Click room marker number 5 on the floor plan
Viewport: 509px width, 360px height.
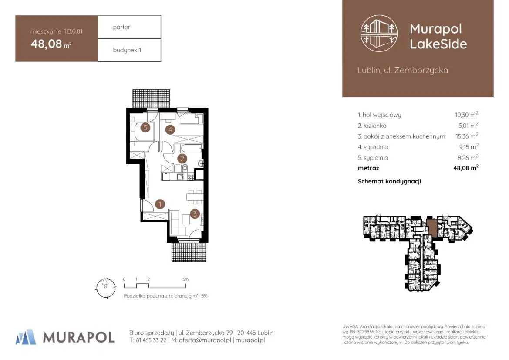pos(145,127)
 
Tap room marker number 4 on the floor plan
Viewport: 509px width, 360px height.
pos(170,129)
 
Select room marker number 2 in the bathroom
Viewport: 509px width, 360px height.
pos(182,159)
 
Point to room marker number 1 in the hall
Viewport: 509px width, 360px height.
pos(160,204)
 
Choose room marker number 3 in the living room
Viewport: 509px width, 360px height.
pos(195,214)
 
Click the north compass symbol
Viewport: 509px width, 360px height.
pos(106,288)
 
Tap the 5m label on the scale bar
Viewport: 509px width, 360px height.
pos(185,279)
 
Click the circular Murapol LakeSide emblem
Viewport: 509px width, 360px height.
pos(379,33)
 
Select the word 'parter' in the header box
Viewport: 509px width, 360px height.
pos(121,27)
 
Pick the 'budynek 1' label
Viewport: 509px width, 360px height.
pos(127,50)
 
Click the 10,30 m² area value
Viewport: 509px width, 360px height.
pos(466,114)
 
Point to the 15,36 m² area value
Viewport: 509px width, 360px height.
pos(467,136)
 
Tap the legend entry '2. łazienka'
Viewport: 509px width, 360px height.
pos(372,126)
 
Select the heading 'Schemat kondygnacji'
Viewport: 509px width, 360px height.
pos(389,181)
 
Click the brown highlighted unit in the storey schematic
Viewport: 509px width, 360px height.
pos(432,227)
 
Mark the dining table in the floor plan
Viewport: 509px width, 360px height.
pos(195,197)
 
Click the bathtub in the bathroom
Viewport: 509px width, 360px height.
pos(188,149)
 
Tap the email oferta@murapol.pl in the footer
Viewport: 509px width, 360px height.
pos(205,340)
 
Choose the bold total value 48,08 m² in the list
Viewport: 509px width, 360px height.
pos(466,168)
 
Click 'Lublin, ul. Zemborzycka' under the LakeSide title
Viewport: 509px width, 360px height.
pos(403,70)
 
